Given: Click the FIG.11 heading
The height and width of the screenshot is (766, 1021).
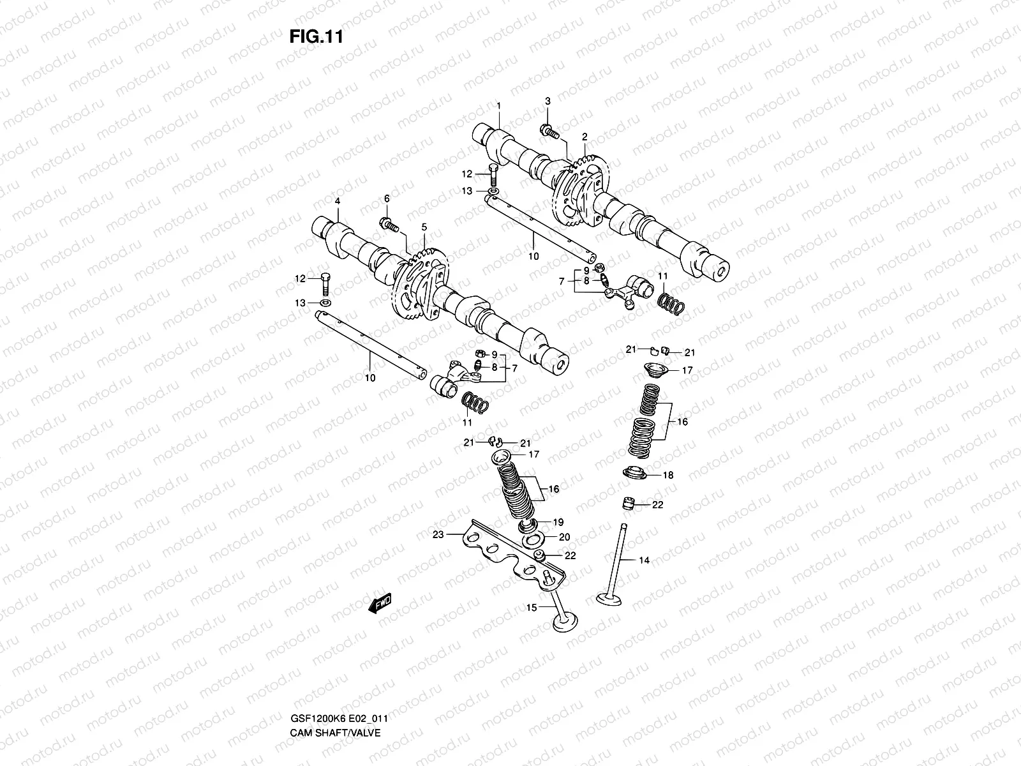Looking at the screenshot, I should [x=316, y=36].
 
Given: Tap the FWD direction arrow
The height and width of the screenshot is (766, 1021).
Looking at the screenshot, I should [x=380, y=603].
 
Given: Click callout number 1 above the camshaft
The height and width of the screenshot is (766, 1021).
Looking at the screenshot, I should [x=499, y=105].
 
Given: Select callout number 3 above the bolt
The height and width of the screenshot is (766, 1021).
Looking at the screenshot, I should [x=548, y=101].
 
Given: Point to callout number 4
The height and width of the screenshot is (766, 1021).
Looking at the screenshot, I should [x=337, y=201].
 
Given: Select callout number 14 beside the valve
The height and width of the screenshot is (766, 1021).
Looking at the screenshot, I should [x=645, y=560].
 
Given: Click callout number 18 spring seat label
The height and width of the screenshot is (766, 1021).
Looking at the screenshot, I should [x=667, y=475].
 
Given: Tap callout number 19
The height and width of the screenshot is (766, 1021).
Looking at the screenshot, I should [x=558, y=522].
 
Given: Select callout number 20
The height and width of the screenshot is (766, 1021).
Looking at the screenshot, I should [x=564, y=537].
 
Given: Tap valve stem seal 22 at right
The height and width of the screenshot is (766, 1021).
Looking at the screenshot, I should [x=629, y=504].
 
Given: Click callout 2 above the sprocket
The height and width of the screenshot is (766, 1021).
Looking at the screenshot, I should [x=584, y=137].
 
